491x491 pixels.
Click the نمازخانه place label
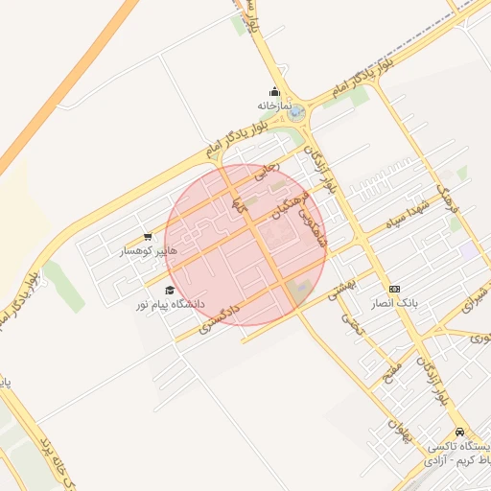pos(272,105)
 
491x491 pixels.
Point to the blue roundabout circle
pos(295,112)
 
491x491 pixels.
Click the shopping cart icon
pos(148,237)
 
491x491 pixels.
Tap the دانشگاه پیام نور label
pos(170,303)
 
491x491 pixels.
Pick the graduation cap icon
pos(170,290)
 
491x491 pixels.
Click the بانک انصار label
pos(395,302)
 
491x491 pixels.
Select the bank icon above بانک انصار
pos(395,289)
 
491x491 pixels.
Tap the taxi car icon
pos(460,433)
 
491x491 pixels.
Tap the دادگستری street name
pos(219,316)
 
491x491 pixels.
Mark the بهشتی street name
pos(342,288)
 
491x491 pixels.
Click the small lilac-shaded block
pos(467,250)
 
